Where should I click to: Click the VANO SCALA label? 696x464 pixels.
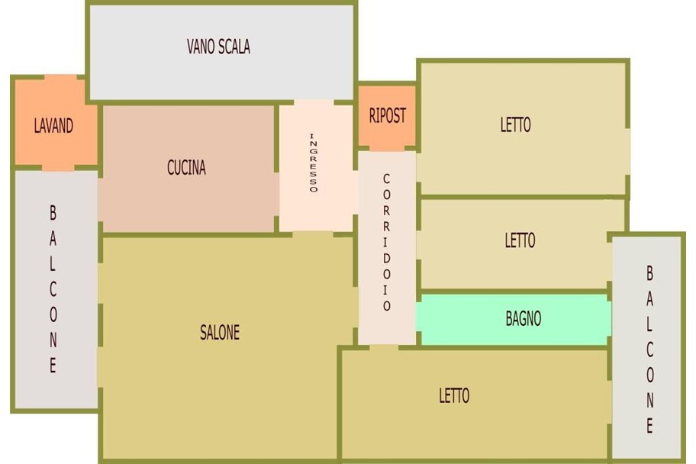click(x=218, y=47)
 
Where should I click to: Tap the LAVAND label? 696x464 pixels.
click(x=53, y=126)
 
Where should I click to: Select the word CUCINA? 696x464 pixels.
click(x=186, y=167)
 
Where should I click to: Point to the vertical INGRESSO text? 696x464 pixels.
click(x=314, y=163)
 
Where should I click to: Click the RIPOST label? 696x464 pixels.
click(x=388, y=115)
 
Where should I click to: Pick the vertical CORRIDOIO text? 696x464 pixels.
click(x=387, y=242)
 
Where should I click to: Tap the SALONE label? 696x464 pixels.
click(x=220, y=332)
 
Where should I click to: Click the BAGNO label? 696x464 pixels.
click(x=524, y=318)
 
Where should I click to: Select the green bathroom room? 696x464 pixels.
click(x=514, y=319)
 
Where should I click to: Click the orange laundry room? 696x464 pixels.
click(x=56, y=123)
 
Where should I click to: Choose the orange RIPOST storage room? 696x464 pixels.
click(x=387, y=116)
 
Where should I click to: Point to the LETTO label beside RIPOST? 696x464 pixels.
click(x=515, y=124)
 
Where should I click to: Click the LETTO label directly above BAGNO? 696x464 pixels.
click(x=520, y=240)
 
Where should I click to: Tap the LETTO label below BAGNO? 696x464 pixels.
click(x=454, y=395)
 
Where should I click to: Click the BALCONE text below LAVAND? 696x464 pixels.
click(x=53, y=289)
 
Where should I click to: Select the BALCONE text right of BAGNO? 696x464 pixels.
click(x=649, y=350)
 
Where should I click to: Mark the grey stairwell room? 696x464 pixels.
click(x=222, y=52)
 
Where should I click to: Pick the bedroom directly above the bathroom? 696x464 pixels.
click(x=515, y=243)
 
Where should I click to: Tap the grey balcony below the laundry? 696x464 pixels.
click(x=56, y=289)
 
